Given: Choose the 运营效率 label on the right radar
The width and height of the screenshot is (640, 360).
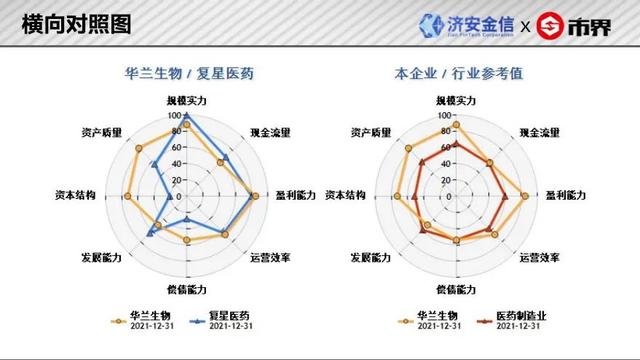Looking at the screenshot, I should tap(539, 258).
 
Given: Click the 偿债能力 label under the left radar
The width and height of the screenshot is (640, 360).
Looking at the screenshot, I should tap(187, 290).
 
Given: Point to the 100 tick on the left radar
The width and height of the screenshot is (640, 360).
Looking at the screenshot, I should tap(178, 113).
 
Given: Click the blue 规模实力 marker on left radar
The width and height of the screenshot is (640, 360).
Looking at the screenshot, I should tap(187, 115).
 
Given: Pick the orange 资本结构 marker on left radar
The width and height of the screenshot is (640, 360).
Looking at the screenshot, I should tap(128, 196).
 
